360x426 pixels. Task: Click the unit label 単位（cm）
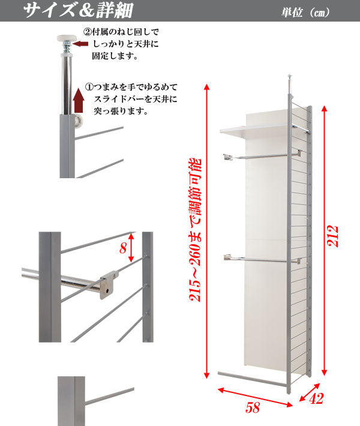coord(305,13)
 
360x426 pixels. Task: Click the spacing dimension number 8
coord(124,247)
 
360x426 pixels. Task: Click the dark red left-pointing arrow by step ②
coord(79,44)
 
